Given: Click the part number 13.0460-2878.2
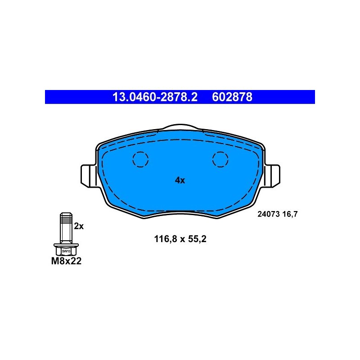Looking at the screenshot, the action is [155, 97].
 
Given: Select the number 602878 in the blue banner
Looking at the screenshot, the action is [232, 97].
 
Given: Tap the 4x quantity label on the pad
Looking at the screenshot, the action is [180, 180].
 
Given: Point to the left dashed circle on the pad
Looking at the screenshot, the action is [140, 159].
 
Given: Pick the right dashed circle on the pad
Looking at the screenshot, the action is [220, 159].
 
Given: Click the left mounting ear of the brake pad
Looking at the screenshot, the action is [89, 176].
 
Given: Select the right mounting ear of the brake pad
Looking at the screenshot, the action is [272, 176].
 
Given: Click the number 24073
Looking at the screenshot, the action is [268, 214].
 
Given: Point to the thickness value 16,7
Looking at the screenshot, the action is [290, 214].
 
